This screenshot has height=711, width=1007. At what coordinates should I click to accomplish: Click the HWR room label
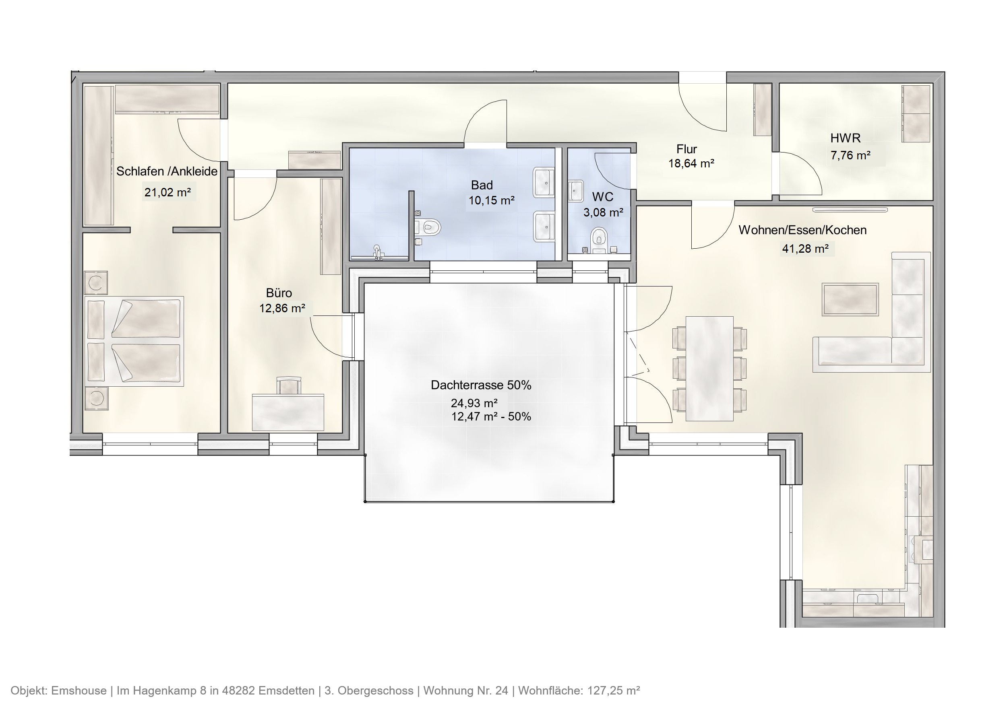(x=845, y=138)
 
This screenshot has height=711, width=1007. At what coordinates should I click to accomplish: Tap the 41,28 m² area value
(x=805, y=249)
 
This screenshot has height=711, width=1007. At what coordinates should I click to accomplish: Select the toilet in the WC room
(x=598, y=240)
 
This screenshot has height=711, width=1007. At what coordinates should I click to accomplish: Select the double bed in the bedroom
(x=134, y=340)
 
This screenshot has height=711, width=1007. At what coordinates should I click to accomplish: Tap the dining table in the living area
(x=709, y=369)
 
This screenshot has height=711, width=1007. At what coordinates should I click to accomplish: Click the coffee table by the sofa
(x=850, y=299)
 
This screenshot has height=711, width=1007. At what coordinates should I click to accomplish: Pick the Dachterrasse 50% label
(x=481, y=385)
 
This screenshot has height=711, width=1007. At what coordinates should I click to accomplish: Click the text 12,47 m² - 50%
(x=491, y=416)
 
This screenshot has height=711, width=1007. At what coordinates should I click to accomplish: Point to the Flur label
(x=686, y=149)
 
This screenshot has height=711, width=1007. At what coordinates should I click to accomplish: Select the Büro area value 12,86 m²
(x=282, y=309)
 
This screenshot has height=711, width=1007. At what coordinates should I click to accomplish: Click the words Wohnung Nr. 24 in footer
(x=465, y=691)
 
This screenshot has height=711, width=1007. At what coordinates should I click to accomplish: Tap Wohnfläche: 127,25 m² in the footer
(x=579, y=691)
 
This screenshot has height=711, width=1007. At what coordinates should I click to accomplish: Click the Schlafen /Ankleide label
(x=167, y=171)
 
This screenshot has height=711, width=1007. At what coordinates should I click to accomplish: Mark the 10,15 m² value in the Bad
(x=491, y=201)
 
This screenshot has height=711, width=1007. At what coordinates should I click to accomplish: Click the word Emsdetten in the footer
(x=286, y=691)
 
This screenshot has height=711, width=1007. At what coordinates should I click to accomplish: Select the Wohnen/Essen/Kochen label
(x=802, y=230)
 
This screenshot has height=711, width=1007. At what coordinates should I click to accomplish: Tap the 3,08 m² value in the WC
(x=603, y=212)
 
